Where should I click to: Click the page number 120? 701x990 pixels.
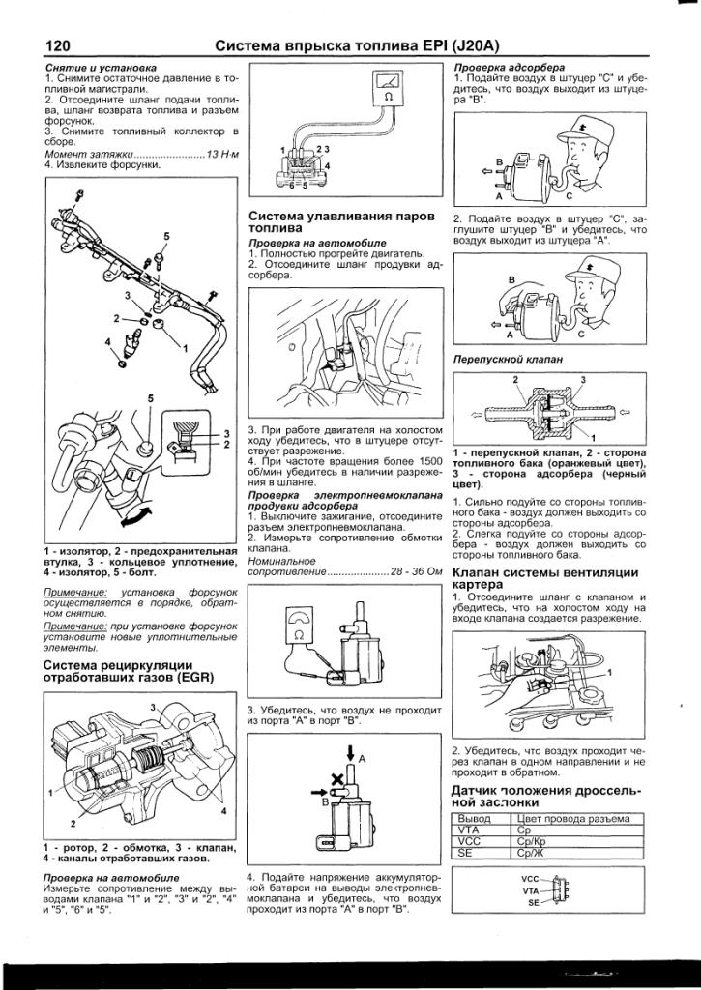(60, 44)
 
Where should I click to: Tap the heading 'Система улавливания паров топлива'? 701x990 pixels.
(337, 221)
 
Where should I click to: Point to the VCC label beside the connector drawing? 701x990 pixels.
(531, 879)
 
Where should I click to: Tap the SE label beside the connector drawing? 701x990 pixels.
(533, 901)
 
